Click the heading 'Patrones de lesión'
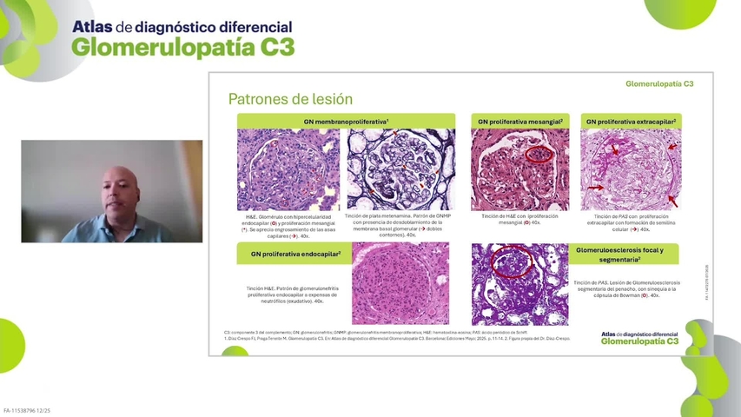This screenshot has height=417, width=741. click(x=290, y=99)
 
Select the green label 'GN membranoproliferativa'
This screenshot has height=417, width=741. click(x=346, y=122)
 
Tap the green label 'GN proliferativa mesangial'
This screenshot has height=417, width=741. click(x=520, y=122)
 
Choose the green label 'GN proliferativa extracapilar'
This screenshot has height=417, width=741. click(x=631, y=122)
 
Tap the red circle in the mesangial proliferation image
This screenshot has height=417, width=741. click(x=539, y=154)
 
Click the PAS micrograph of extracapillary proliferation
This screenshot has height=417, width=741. click(x=631, y=169)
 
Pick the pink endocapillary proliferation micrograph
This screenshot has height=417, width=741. click(x=400, y=283)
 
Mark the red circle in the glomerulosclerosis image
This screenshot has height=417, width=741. click(x=513, y=260)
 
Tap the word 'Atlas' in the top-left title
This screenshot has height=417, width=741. click(x=92, y=27)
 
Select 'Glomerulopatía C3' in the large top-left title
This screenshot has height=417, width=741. click(x=182, y=47)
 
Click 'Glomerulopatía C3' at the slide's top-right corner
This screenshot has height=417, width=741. click(x=659, y=84)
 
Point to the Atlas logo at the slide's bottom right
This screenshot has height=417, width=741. click(x=639, y=338)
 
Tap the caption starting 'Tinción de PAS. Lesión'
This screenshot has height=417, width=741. click(x=626, y=288)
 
